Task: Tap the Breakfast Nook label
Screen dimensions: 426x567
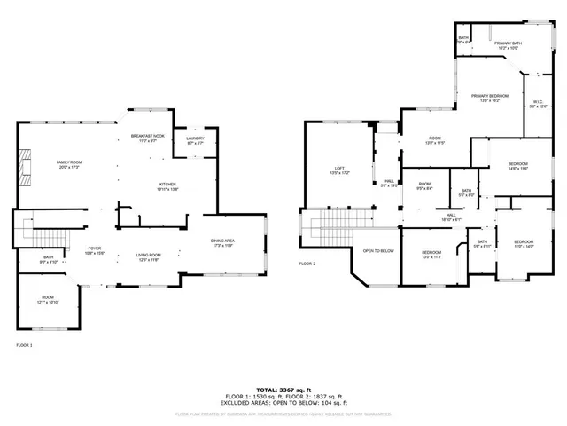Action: click(148, 138)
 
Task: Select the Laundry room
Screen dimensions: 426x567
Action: click(195, 140)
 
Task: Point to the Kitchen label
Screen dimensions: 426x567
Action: click(168, 186)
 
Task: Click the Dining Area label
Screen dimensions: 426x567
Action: click(222, 241)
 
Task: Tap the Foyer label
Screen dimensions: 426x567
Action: click(95, 250)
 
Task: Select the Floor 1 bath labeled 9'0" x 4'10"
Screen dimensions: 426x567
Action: click(48, 260)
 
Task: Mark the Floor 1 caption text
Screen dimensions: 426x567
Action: click(24, 344)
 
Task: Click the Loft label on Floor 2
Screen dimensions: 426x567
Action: click(338, 170)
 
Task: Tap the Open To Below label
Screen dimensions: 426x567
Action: click(377, 251)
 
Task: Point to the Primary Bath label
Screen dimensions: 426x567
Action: click(508, 44)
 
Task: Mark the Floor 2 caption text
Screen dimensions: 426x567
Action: click(307, 264)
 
